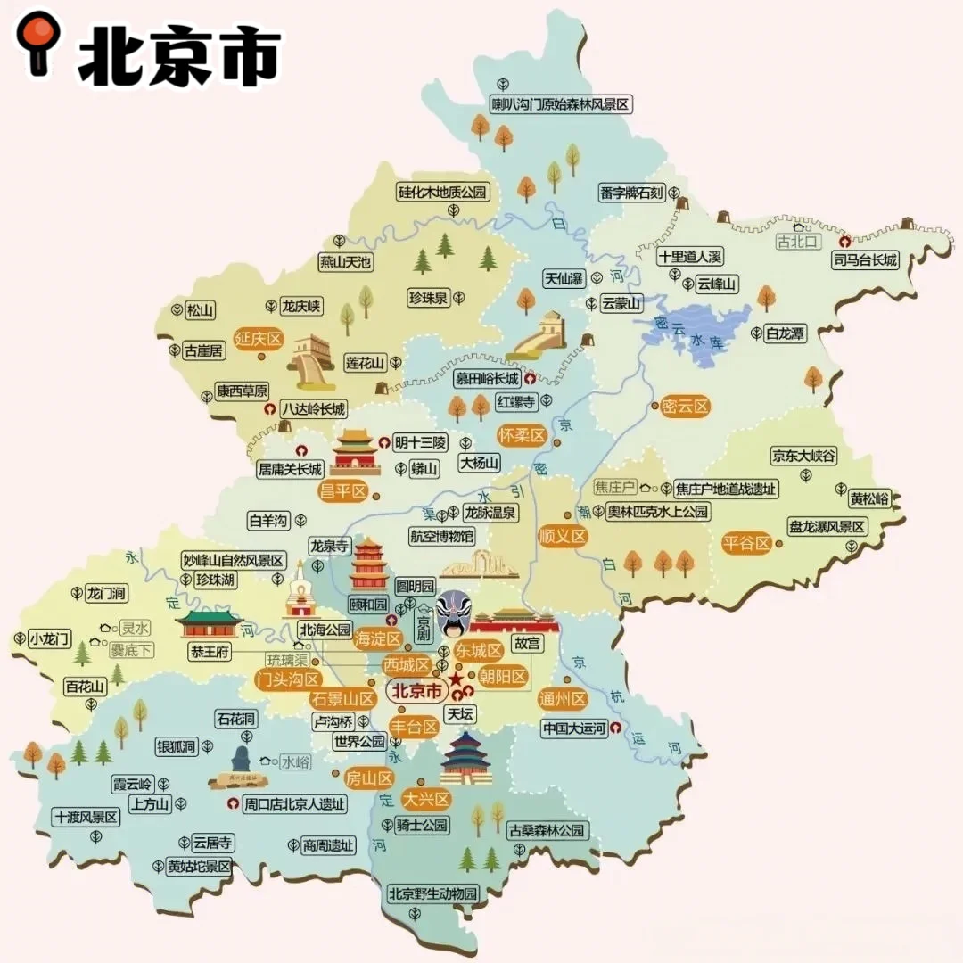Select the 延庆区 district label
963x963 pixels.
pos(258,339)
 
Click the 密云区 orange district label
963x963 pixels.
pos(686,407)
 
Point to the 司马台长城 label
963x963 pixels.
pos(865,259)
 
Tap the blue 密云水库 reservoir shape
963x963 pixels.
pos(704,333)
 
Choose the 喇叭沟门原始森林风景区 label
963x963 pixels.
pos(561,104)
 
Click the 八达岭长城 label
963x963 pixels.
pos(312,409)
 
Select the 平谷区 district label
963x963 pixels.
pos(746,543)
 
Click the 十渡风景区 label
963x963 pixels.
pos(86,817)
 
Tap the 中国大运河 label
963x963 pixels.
pos(575,728)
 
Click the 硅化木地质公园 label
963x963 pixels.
pos(444,192)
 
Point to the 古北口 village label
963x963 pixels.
pos(797,242)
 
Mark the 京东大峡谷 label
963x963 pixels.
pos(804,456)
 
